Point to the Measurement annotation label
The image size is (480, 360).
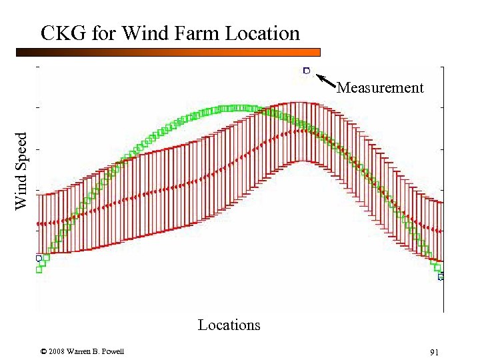tap(380, 87)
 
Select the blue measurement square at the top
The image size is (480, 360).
tap(307, 70)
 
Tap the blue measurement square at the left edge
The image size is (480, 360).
tap(39, 257)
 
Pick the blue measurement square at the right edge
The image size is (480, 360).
tap(441, 276)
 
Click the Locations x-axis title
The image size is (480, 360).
tap(229, 325)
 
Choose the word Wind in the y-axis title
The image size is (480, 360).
tap(22, 193)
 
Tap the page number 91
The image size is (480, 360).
tap(433, 352)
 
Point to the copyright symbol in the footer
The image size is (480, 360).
tap(43, 352)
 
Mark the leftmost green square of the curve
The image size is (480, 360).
tap(39, 269)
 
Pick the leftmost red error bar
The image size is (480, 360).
tap(38, 224)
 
